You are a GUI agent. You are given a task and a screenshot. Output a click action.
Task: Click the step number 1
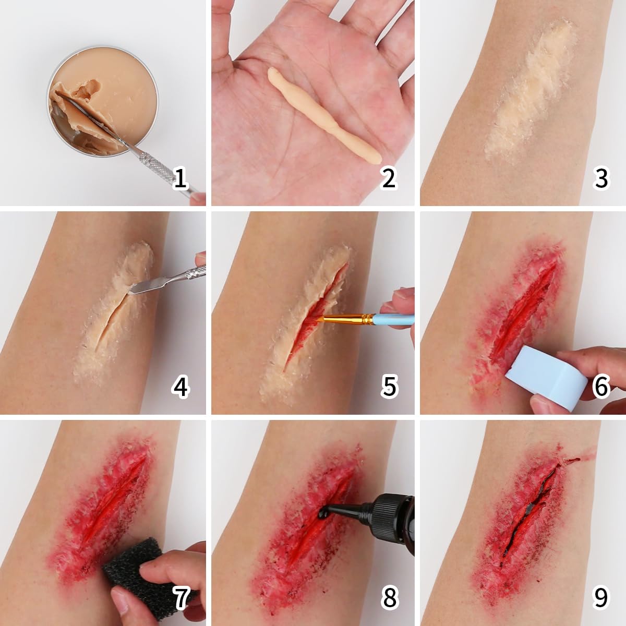click(x=180, y=178)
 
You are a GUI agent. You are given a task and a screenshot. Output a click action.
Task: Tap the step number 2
click(x=389, y=178)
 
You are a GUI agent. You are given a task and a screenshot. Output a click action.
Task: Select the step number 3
click(x=601, y=178)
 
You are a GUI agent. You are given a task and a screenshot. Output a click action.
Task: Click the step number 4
click(x=180, y=387)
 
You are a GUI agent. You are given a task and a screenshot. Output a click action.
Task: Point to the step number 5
click(x=390, y=387)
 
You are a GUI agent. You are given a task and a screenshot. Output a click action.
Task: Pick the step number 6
click(x=601, y=387)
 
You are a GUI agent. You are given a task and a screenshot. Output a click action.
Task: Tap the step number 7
click(x=180, y=598)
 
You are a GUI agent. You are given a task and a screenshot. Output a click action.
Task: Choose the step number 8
click(x=390, y=598)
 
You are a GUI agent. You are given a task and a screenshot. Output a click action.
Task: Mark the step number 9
click(x=601, y=598)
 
